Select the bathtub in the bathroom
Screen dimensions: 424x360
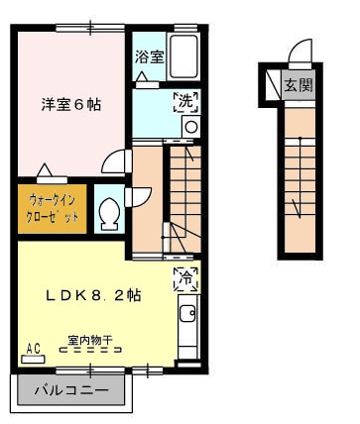183,54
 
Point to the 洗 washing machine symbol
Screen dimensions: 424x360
186,100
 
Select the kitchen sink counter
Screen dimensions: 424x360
186,327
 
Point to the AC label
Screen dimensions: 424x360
34,348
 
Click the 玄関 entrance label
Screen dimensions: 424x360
299,84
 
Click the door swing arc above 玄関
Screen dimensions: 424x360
300,52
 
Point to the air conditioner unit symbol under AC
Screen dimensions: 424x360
34,358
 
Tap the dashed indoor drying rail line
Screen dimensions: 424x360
89,351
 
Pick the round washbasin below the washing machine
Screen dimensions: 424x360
189,126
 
